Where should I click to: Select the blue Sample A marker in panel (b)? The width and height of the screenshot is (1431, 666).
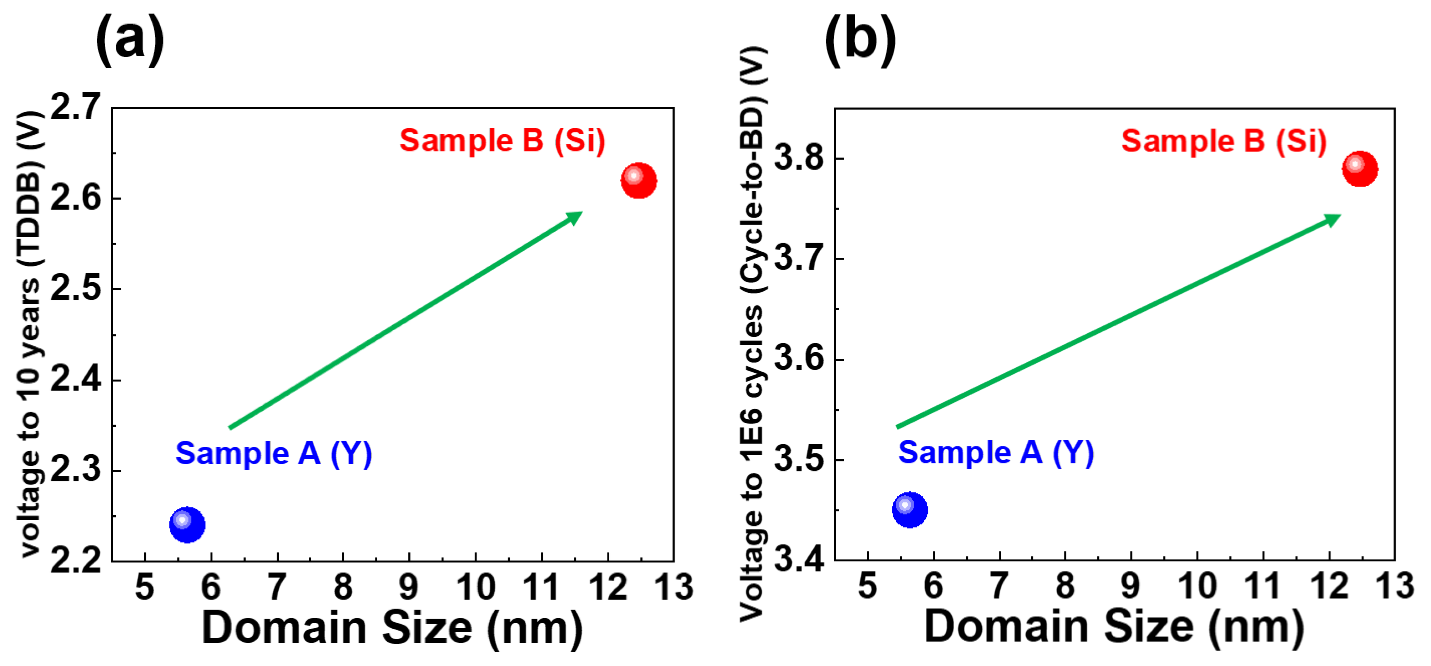point(910,509)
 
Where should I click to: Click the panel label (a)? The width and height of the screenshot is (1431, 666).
point(130,39)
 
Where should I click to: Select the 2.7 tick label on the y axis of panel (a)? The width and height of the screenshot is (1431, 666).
point(76,107)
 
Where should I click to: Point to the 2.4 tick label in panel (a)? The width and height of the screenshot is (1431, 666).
point(76,380)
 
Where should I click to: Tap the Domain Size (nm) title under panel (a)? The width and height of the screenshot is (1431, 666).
point(392,628)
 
